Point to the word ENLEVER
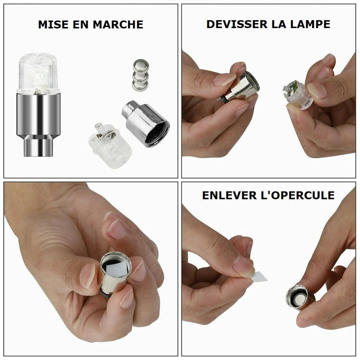(x=229, y=195)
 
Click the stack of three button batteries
(x=140, y=75)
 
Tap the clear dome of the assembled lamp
(x=38, y=73)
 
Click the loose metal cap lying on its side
(x=145, y=123)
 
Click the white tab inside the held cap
(x=116, y=269)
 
